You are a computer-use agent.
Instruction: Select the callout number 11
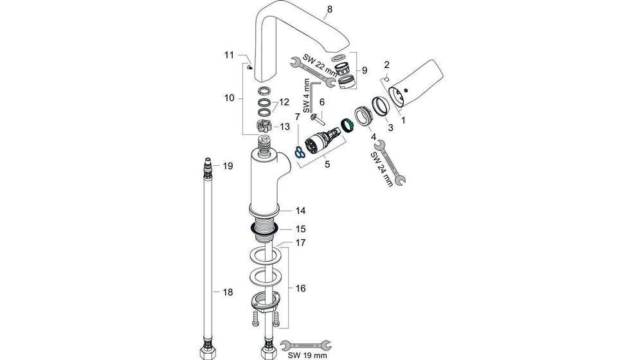229,55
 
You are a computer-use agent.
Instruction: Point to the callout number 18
227,292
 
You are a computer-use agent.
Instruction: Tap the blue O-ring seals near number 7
299,152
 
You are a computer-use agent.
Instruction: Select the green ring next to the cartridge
347,125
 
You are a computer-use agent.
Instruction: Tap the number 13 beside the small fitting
285,127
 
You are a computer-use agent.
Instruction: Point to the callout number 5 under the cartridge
327,164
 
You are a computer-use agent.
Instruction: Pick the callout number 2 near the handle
387,64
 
